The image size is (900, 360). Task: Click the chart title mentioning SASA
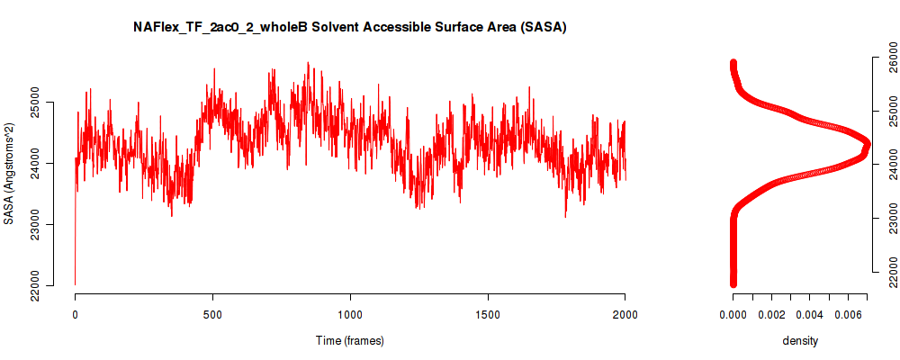coord(350,28)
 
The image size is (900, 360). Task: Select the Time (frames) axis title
coord(349,340)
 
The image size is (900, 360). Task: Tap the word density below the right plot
coord(800,340)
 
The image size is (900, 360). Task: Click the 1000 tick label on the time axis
coord(350,315)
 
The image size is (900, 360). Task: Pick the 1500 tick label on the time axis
coord(488,315)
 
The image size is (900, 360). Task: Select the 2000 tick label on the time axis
coord(625,315)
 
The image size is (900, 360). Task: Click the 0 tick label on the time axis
coord(76,315)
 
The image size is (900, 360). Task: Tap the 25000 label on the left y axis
coord(49,103)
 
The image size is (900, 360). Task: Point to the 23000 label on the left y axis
coord(49,224)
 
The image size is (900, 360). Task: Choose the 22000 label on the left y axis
coord(49,285)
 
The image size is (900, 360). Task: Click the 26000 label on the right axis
coord(887,58)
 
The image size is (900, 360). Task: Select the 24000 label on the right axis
coord(887,165)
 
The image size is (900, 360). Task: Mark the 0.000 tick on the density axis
coord(733,315)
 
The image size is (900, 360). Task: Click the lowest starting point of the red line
coord(76,284)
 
